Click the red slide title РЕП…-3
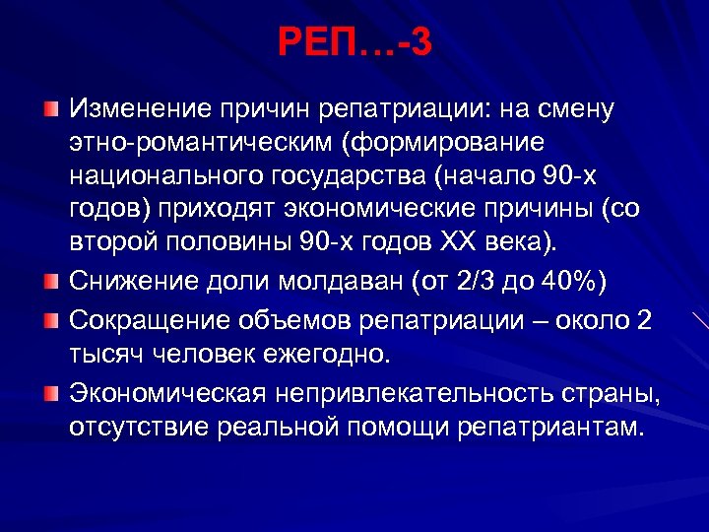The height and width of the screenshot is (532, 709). tap(354, 42)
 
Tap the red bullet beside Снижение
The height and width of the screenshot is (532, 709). tap(50, 283)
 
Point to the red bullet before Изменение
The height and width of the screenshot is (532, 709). tap(50, 105)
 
